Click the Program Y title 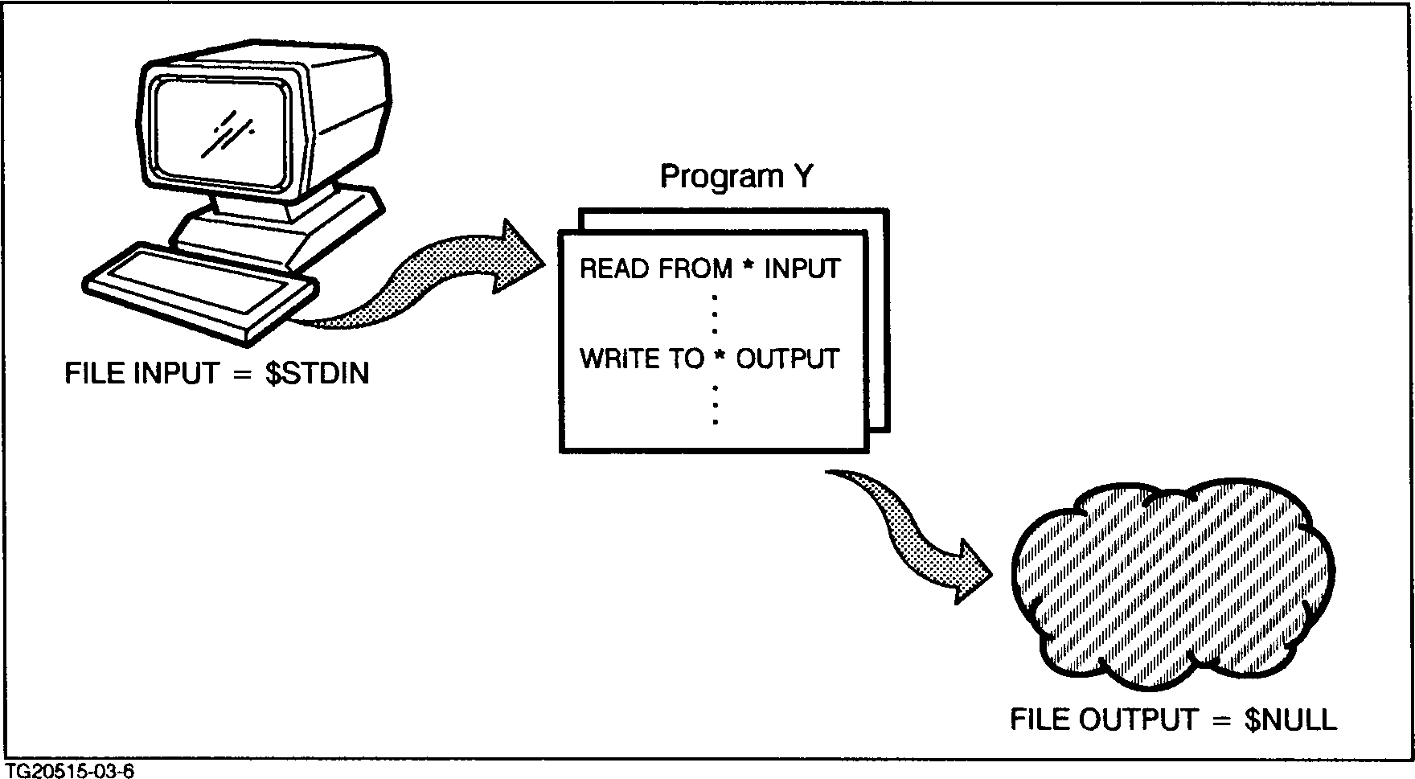click(x=736, y=177)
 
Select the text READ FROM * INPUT click(x=710, y=269)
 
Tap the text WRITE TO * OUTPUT click(x=710, y=359)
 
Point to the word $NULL click(x=1290, y=720)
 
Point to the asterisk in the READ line click(x=749, y=268)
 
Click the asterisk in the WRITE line click(x=720, y=358)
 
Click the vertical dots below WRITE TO click(x=715, y=404)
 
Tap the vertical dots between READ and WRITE click(x=715, y=314)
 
